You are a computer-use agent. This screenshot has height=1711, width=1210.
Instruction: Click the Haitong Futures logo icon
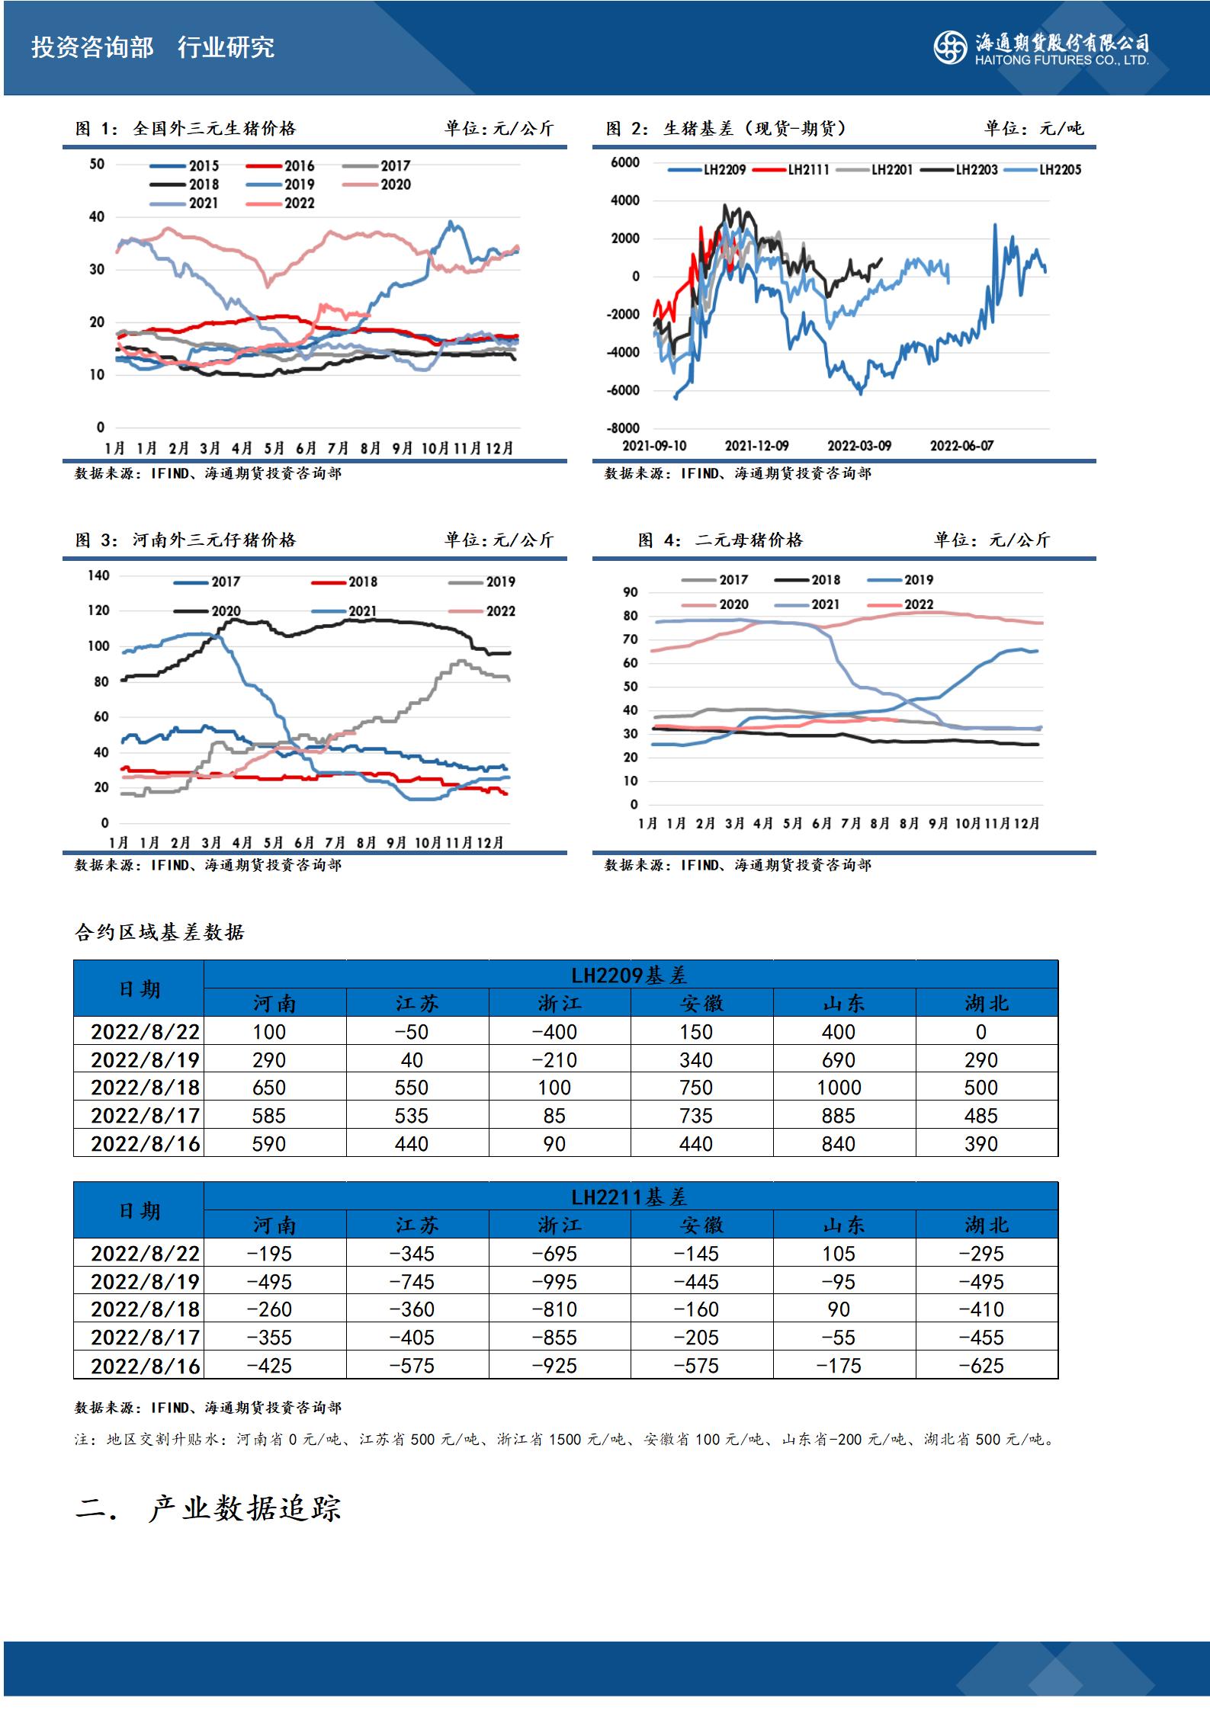[950, 47]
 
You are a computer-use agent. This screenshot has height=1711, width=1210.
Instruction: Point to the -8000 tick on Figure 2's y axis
[624, 428]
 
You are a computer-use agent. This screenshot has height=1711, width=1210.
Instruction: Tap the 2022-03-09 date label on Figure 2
[859, 446]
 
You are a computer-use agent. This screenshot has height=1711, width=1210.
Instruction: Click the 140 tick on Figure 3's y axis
[99, 575]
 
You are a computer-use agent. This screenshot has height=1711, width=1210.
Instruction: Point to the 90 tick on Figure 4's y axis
[631, 592]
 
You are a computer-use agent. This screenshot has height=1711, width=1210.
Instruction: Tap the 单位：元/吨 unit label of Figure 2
[1033, 129]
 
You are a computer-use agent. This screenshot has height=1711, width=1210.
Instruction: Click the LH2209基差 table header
[629, 975]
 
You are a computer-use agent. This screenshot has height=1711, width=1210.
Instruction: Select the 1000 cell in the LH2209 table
[839, 1088]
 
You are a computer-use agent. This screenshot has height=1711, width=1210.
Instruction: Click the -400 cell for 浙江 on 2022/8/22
[554, 1032]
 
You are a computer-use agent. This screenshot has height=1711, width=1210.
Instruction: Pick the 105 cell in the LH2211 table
[839, 1254]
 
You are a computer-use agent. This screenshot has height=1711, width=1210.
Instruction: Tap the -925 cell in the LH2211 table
[554, 1366]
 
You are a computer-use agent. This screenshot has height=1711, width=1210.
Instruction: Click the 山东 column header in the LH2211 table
[844, 1226]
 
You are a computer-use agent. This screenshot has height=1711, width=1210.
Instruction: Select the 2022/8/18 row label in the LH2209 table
[145, 1088]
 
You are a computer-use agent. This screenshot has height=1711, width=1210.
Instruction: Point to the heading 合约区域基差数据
[159, 932]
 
